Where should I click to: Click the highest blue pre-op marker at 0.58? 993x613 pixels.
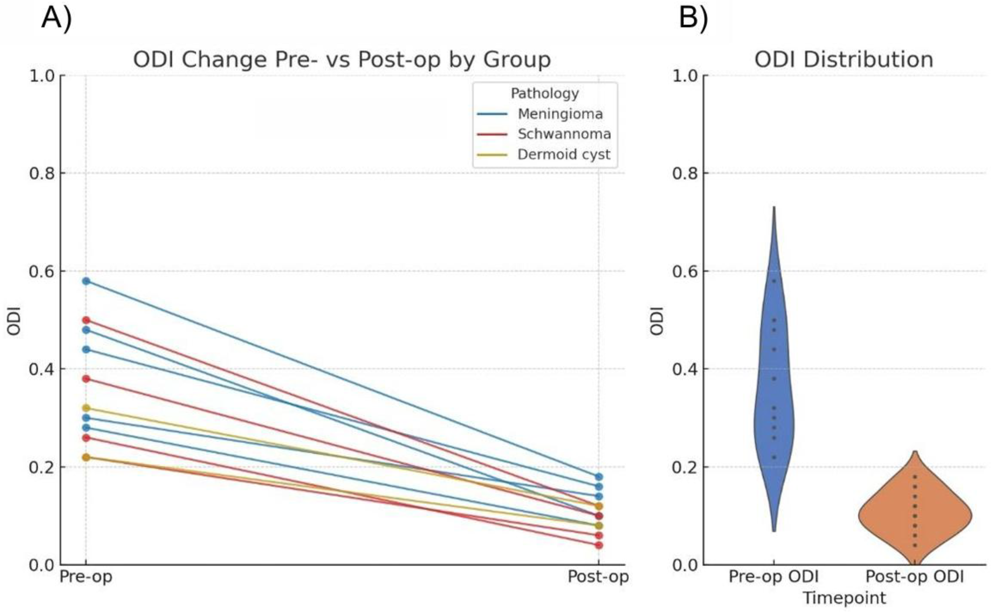86,281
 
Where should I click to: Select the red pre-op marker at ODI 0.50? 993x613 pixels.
86,320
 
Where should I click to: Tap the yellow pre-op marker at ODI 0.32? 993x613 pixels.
86,408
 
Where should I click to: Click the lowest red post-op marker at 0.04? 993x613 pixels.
599,545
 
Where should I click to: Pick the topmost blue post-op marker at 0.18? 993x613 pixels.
599,476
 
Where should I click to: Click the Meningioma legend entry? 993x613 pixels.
560,114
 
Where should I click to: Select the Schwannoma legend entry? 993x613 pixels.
564,134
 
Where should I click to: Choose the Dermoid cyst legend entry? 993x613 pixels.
563,154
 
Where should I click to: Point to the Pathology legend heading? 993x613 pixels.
545,93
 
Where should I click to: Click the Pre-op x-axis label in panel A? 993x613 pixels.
86,576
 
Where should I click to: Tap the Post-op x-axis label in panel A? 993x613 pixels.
598,576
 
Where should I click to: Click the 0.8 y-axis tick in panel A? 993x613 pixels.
42,173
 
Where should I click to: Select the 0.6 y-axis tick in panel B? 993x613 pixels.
685,271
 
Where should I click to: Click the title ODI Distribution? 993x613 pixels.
844,60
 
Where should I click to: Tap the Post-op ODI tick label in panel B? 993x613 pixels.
915,576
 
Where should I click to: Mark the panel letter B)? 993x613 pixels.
693,18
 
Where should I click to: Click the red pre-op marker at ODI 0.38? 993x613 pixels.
86,379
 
